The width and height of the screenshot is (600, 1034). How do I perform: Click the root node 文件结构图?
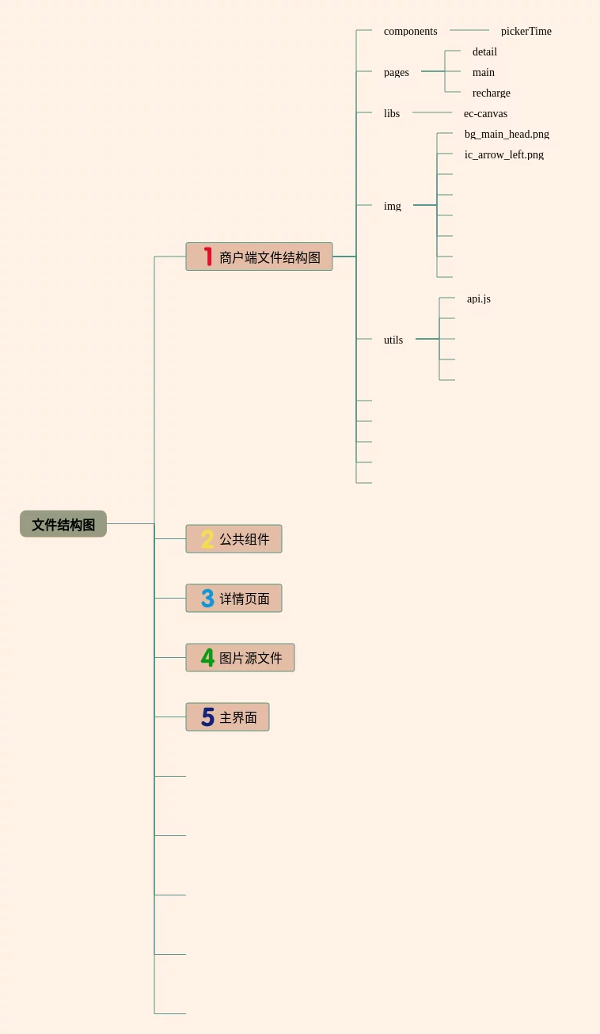pos(63,524)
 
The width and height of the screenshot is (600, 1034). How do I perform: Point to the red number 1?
pos(208,257)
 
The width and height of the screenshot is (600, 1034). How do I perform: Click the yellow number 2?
pos(207,539)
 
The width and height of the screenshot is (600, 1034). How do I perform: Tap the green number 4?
pos(207,658)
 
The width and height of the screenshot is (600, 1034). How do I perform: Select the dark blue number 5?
pos(207,717)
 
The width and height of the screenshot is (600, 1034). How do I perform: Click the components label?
pos(410,32)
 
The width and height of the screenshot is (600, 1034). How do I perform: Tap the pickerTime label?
pos(526,32)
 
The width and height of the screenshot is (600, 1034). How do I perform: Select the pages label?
pos(396,73)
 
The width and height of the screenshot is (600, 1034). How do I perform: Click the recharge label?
pos(491,93)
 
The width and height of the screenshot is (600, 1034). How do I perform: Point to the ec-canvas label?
pos(485,114)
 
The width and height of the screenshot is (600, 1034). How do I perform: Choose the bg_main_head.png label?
pos(507,135)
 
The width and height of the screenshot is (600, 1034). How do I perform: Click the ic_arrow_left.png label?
pos(503,155)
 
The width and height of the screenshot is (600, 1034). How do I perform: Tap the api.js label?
pos(478,299)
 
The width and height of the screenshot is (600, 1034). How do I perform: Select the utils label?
pos(393,340)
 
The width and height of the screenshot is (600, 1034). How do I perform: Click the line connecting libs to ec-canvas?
pos(431,112)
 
